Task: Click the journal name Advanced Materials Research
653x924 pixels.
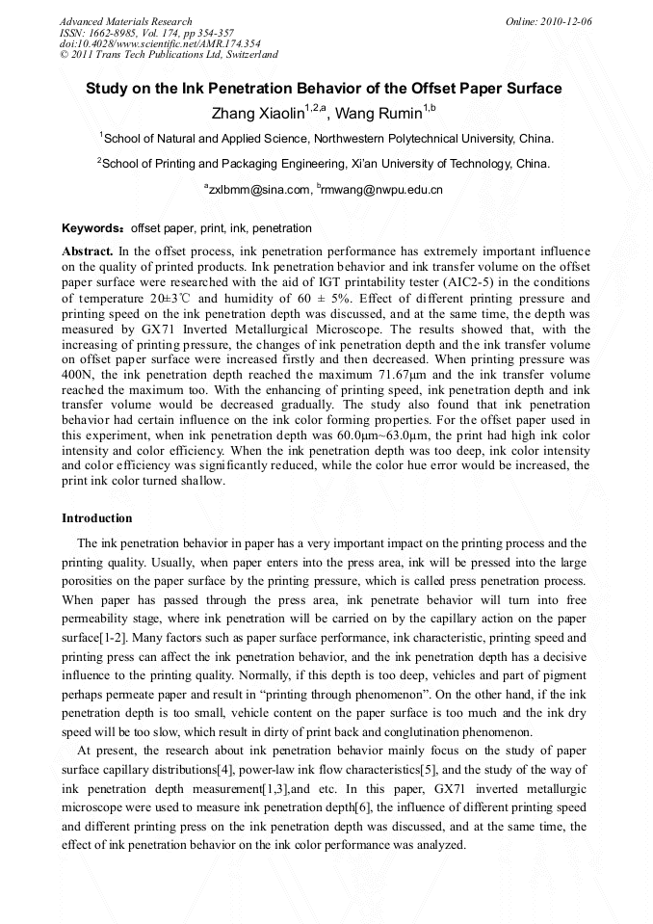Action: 125,21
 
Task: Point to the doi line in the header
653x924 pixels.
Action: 159,44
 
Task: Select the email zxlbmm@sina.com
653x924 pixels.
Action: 260,190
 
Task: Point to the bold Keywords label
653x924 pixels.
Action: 92,229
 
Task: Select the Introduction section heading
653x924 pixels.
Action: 97,518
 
